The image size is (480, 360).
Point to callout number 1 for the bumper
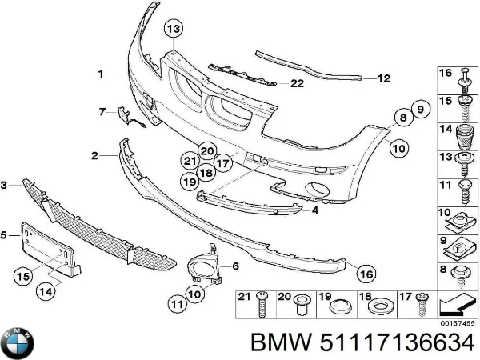pos(102,74)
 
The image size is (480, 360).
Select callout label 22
pos(297,82)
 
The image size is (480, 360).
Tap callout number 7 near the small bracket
pos(102,110)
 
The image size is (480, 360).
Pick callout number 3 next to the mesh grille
pos(4,186)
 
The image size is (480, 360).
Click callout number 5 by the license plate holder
pos(4,234)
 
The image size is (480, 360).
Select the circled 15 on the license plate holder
pos(25,276)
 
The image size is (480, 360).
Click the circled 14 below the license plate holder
pos(47,292)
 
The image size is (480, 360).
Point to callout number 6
pos(236,266)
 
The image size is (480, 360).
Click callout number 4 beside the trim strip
pos(315,210)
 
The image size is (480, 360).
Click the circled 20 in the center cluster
pos(207,149)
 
